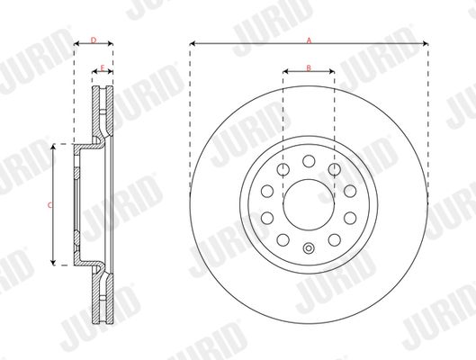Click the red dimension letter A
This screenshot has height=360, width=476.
[309, 40]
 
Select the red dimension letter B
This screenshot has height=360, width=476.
[309, 67]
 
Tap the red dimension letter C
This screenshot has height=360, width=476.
[49, 205]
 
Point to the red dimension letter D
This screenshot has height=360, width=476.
[94, 40]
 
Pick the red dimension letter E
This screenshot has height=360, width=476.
[103, 68]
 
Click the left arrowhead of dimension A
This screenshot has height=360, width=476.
[193, 44]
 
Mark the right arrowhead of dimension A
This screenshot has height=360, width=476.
[424, 44]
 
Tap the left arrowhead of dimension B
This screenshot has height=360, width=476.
[285, 72]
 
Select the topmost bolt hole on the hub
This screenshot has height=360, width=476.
[308, 160]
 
